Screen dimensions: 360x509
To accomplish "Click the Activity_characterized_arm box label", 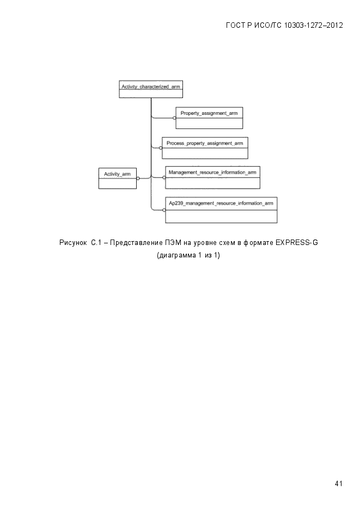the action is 151,87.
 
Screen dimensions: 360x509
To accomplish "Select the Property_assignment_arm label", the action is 209,113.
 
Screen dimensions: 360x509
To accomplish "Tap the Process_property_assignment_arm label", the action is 205,143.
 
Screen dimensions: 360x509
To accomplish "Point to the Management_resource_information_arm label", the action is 212,173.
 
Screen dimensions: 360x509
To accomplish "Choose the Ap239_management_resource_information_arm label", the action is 221,203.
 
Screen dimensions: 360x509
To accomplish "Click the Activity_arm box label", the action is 117,174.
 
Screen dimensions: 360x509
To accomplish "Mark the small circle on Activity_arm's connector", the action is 138,178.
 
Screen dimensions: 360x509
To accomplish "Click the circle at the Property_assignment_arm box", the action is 174,118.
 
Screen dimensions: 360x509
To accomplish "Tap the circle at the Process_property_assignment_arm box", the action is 161,148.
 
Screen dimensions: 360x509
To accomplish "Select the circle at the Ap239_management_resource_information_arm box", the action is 164,210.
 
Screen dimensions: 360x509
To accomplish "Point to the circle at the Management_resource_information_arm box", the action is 164,177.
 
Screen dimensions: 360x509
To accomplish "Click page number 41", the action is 339,483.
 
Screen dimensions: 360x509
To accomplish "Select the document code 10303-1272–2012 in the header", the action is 313,26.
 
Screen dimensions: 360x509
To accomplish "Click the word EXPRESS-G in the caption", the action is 297,242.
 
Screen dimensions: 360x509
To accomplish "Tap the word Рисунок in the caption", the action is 73,243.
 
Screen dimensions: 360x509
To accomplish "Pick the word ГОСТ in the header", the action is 236,26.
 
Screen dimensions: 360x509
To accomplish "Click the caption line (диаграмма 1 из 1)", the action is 188,255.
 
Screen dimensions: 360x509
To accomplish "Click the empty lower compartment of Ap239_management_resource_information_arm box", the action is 221,216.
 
